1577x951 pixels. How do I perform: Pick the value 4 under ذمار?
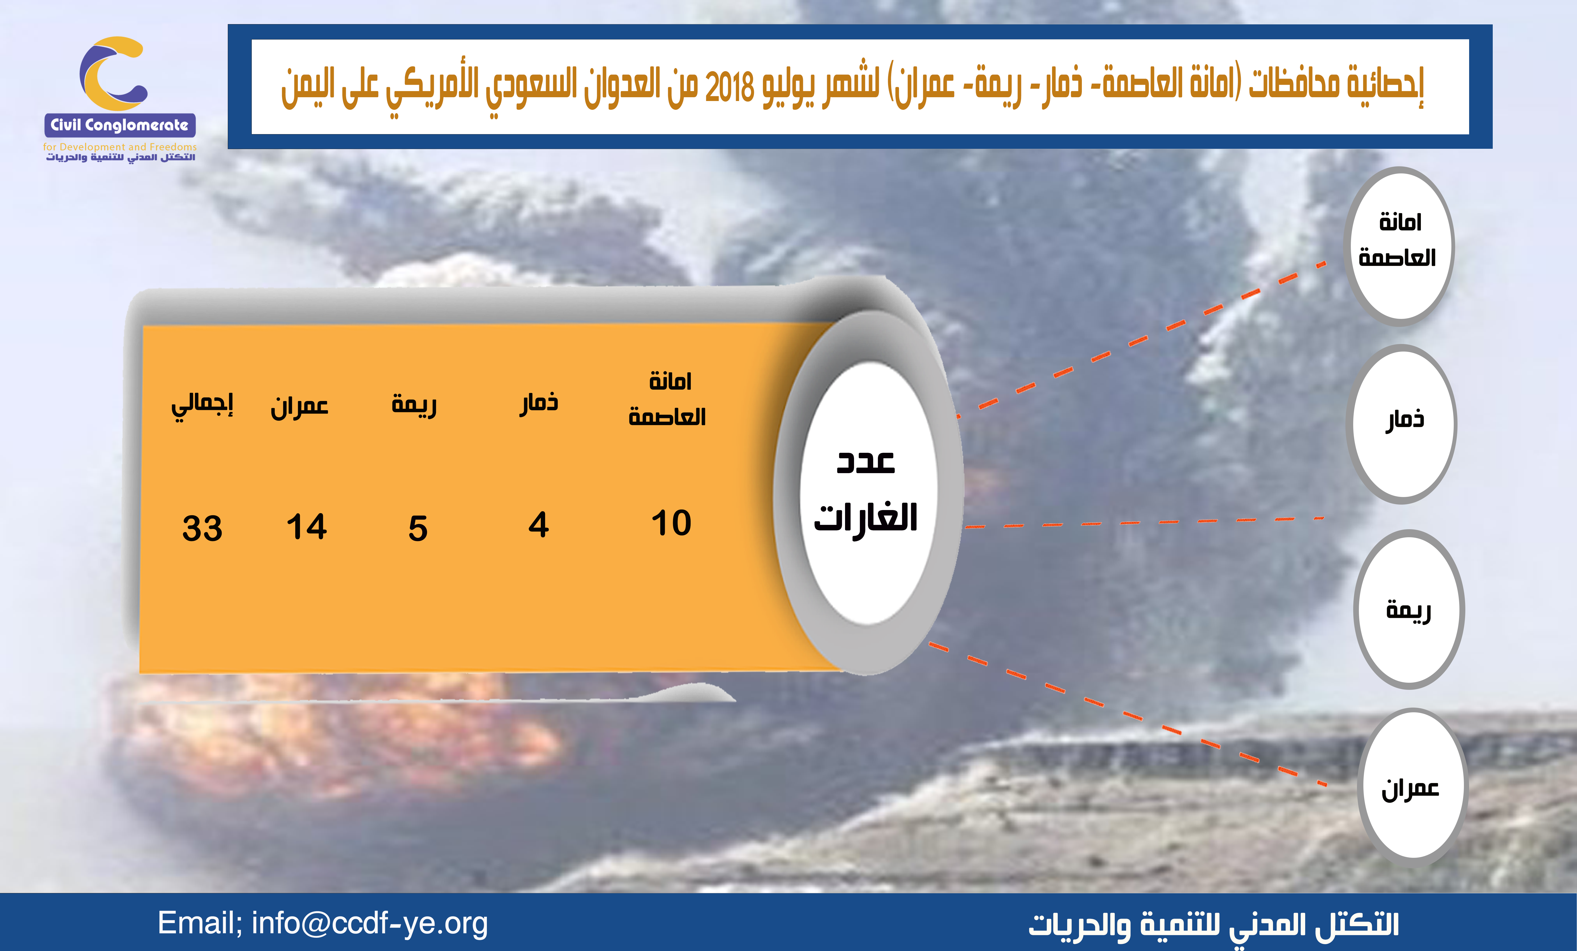[538, 525]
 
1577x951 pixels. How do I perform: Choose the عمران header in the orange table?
[300, 406]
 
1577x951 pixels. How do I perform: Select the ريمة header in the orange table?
[414, 405]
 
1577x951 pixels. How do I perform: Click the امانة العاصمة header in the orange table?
[668, 398]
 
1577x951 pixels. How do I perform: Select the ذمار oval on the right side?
[1402, 424]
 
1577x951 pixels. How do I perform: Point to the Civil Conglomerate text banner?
[120, 125]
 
